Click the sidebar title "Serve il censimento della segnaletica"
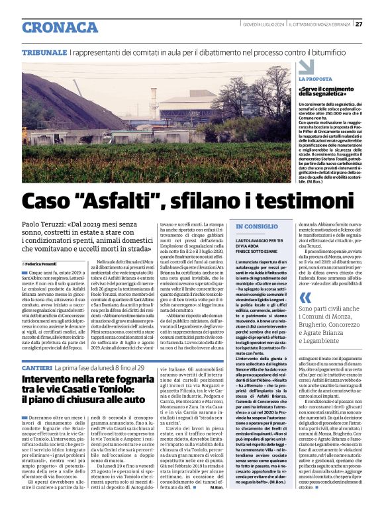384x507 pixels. [x=328, y=93]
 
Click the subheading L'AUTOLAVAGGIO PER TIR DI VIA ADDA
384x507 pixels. [x=259, y=246]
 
